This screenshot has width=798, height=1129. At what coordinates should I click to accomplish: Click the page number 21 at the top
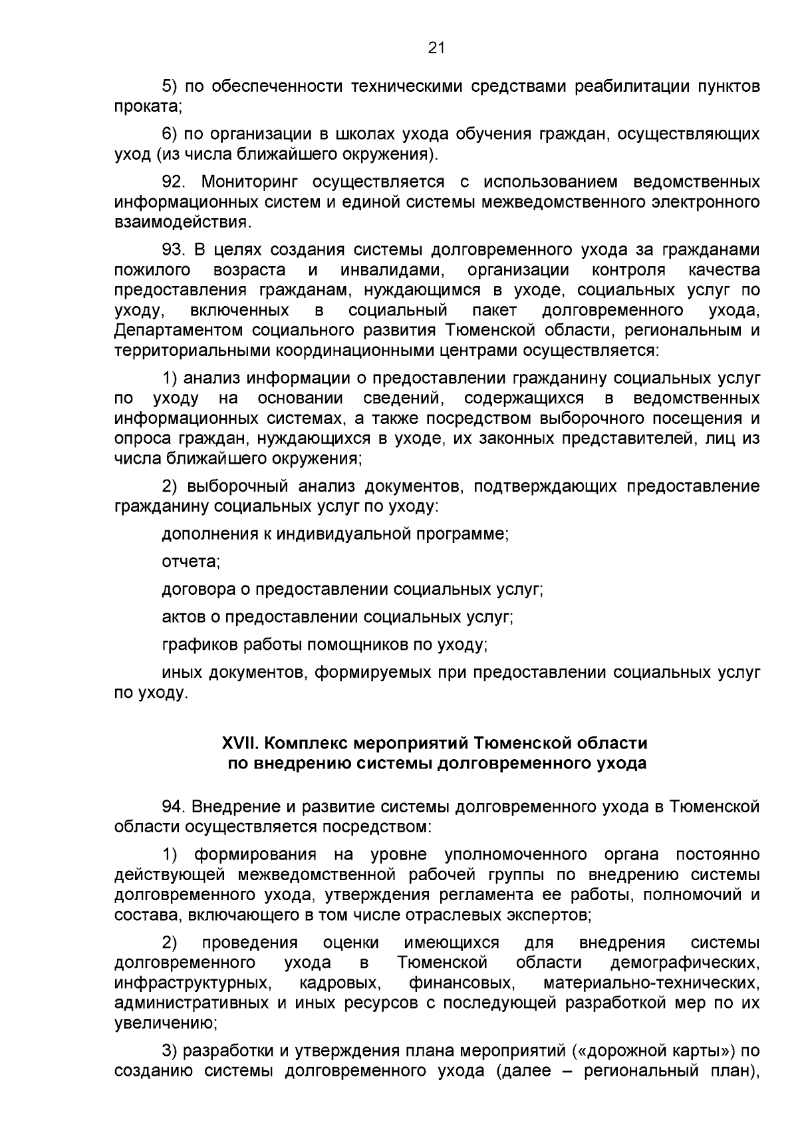(436, 47)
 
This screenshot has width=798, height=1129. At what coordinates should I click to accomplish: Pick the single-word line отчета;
(191, 562)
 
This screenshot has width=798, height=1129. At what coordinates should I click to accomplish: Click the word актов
(183, 617)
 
